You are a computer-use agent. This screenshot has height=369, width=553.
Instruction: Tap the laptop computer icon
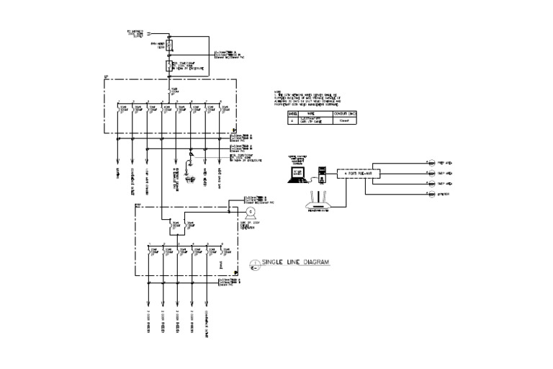(297, 172)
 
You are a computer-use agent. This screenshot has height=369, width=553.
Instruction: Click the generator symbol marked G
(249, 214)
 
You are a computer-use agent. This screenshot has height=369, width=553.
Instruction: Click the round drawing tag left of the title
(253, 264)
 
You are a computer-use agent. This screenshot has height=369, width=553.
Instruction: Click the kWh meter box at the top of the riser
(170, 47)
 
